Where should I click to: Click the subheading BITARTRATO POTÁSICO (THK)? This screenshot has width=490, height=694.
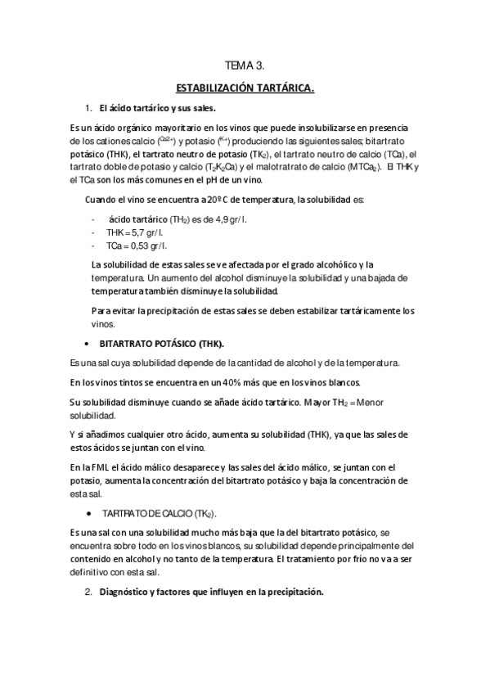tap(162, 343)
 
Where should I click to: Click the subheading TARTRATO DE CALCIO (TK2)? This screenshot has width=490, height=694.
tap(159, 512)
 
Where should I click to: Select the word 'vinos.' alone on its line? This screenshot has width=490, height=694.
tap(103, 323)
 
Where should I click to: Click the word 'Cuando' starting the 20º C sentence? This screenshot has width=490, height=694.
tap(101, 200)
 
